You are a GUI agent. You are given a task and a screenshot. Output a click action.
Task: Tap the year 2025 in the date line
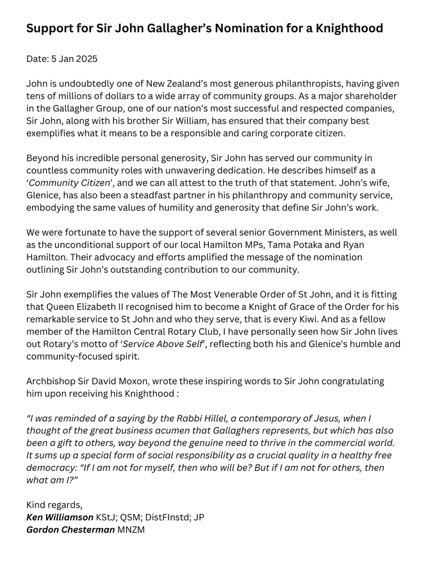click(85, 59)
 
